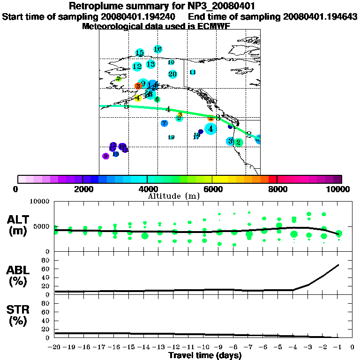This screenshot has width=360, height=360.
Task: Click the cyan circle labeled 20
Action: click(x=172, y=74)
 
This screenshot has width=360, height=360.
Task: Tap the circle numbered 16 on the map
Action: click(x=157, y=49)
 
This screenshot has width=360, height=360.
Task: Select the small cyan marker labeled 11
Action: click(x=193, y=72)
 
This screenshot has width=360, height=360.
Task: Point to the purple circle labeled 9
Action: click(x=106, y=156)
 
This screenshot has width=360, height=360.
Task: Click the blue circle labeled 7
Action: click(x=164, y=123)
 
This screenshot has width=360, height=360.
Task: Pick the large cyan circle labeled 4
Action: click(x=210, y=128)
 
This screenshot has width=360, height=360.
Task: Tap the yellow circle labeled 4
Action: click(x=137, y=98)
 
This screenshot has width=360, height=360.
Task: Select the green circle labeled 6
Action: click(x=157, y=99)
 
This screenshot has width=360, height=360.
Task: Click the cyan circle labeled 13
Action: click(x=150, y=64)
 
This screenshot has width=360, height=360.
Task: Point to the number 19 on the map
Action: click(x=171, y=137)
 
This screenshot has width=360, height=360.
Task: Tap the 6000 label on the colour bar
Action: click(x=212, y=189)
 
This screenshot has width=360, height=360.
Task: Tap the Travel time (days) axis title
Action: click(x=205, y=356)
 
